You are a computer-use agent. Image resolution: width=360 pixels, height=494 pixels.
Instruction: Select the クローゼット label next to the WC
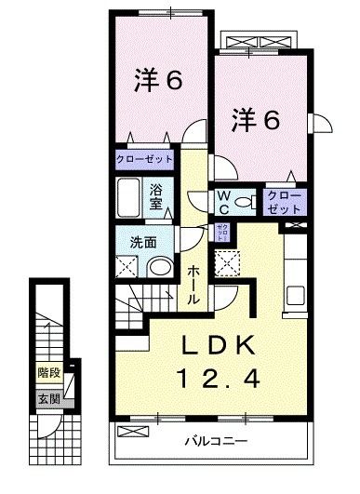282,201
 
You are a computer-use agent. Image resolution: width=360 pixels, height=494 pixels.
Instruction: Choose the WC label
224,201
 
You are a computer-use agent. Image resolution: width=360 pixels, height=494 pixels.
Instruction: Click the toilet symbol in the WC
246,202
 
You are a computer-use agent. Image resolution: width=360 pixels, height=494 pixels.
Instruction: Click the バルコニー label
214,440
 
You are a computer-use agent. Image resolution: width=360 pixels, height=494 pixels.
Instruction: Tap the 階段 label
48,372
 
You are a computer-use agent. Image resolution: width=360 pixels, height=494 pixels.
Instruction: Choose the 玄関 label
47,398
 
